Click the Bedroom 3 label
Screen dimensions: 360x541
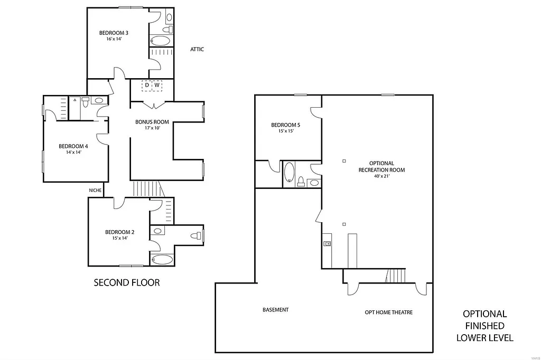[114, 33]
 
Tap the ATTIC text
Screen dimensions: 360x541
[197, 50]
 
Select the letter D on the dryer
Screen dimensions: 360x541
[147, 85]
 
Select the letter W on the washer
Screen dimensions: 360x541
[156, 85]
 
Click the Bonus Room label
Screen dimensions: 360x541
[152, 122]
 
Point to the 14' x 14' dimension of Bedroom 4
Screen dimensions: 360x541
[73, 152]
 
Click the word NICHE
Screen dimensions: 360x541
[96, 190]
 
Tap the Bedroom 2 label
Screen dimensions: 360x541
[119, 232]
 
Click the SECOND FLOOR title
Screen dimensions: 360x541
[126, 283]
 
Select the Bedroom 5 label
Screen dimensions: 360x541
[285, 125]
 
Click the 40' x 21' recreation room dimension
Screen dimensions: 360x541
[381, 176]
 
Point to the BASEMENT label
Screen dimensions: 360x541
[275, 310]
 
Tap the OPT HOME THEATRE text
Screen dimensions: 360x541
[388, 312]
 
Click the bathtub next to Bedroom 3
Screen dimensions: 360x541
[161, 41]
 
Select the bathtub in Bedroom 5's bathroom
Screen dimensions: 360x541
[289, 173]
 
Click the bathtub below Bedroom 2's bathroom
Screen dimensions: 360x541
[161, 259]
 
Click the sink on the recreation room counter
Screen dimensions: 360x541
[328, 243]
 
